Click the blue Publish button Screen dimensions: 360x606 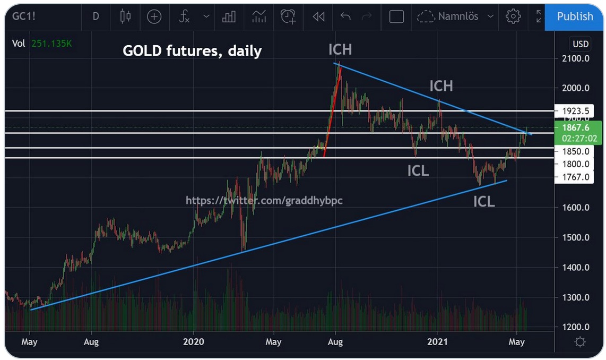[x=575, y=16]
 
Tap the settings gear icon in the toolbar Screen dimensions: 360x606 [x=513, y=16]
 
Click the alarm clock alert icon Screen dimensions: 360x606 [x=288, y=16]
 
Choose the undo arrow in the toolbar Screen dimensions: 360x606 [x=345, y=16]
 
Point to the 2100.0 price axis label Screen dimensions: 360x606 [x=577, y=58]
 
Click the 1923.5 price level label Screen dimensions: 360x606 [x=577, y=111]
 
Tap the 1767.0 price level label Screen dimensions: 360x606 [x=577, y=177]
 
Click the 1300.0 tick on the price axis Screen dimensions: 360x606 [x=577, y=297]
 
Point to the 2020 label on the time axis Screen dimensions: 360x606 [x=193, y=342]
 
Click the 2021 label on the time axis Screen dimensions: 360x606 [x=438, y=342]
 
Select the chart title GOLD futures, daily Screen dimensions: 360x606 [x=192, y=51]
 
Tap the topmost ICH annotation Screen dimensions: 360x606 [x=340, y=50]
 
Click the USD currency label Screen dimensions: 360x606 [x=581, y=44]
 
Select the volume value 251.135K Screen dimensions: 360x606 [x=51, y=44]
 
